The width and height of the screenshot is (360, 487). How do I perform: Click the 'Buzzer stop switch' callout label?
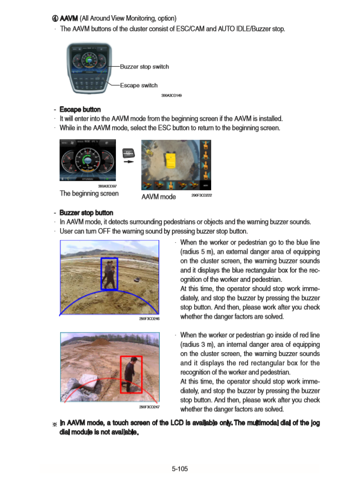tap(144, 67)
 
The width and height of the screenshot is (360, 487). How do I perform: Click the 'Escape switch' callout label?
tap(139, 85)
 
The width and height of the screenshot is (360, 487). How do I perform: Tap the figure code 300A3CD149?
tap(172, 95)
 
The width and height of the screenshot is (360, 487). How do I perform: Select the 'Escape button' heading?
tap(80, 109)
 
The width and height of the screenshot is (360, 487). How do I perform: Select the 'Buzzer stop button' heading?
tap(86, 213)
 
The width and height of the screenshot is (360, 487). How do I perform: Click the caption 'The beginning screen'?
tap(89, 193)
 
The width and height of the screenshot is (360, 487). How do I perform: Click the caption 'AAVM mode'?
tap(158, 197)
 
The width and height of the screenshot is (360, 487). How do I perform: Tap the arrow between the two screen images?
tap(128, 161)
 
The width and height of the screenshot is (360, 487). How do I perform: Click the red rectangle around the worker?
tap(131, 374)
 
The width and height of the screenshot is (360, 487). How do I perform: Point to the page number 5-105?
tap(180, 469)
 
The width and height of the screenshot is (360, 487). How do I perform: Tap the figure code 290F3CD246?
tap(149, 319)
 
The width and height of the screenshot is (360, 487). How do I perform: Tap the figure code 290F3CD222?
tap(201, 195)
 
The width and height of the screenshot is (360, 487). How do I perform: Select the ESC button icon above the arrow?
tap(128, 152)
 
